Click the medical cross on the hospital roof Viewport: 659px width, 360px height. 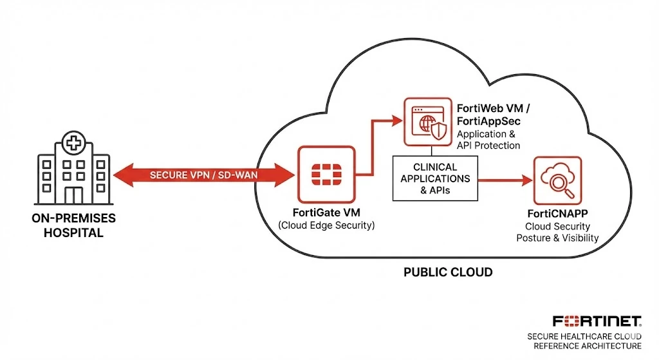tap(74, 143)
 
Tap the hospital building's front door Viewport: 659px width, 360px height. tap(74, 196)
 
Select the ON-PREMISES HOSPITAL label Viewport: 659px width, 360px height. tap(73, 225)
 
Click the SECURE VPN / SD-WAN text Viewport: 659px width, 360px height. tap(204, 175)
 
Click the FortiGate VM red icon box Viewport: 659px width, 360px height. tap(326, 175)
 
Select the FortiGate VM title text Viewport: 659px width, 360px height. tap(326, 213)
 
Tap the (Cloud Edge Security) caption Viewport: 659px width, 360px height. tap(326, 225)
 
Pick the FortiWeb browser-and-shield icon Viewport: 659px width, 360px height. tap(428, 122)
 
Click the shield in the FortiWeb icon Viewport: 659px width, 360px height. tap(439, 131)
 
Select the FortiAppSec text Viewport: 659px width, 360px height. tap(488, 121)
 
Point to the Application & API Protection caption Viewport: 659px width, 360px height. tap(488, 140)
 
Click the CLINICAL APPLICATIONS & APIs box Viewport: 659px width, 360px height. tap(435, 178)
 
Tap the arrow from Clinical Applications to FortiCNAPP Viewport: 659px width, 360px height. tap(506, 180)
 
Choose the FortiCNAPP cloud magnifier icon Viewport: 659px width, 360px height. tap(558, 180)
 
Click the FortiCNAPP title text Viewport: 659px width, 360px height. tap(558, 214)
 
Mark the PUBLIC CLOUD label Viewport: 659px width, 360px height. tap(448, 272)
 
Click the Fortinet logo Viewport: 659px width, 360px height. tap(597, 321)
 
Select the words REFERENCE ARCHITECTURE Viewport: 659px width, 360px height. tap(588, 346)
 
